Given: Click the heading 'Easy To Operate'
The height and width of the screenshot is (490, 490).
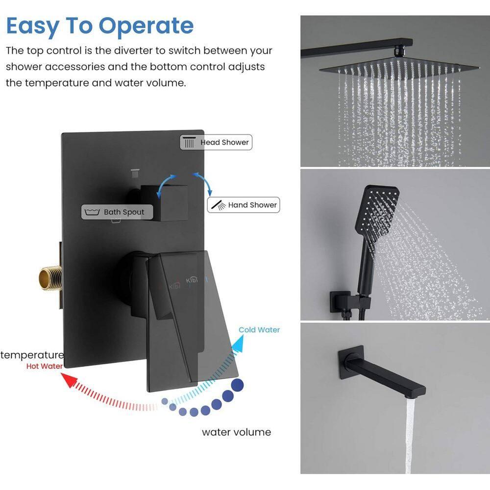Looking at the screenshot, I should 100,25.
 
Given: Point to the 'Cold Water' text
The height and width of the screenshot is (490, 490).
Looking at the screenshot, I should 259,330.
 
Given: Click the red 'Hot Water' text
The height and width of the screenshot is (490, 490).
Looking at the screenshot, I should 45,366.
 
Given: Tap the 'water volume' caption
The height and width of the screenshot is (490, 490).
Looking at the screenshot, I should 236,432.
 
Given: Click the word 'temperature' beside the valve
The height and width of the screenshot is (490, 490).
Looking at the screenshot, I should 32,355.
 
